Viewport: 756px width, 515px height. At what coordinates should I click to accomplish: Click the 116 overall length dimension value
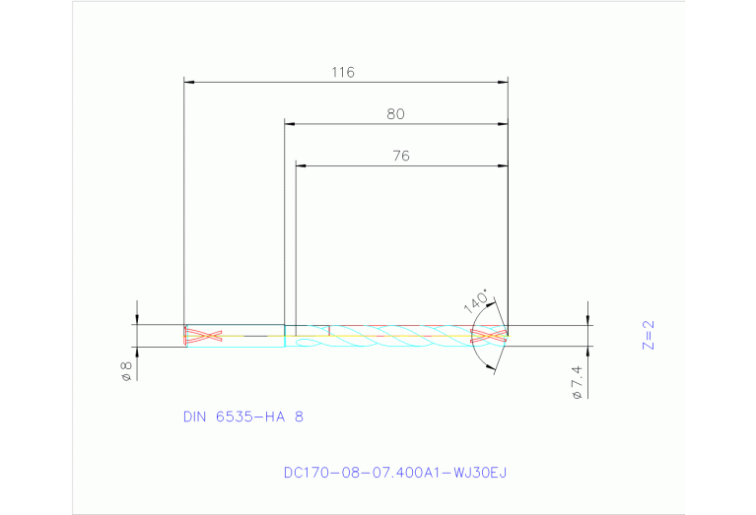(342, 72)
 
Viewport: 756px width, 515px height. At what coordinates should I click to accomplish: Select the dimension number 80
(395, 114)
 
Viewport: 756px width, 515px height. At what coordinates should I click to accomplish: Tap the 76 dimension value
(400, 156)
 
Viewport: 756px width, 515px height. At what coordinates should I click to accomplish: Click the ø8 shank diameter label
(126, 371)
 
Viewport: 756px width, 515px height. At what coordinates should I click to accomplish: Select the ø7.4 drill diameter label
(577, 381)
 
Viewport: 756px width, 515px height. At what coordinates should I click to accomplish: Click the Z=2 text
(648, 336)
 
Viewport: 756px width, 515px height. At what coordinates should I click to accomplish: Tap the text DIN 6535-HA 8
(243, 417)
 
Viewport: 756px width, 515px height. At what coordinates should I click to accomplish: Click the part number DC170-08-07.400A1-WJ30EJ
(394, 473)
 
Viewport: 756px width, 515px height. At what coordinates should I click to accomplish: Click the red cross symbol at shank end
(201, 336)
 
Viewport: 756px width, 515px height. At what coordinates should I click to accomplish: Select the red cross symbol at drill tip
(490, 336)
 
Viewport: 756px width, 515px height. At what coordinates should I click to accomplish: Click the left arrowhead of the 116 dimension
(190, 81)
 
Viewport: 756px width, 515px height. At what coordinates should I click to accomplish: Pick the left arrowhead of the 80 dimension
(290, 124)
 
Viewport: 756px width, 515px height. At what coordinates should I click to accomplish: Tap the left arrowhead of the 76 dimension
(302, 165)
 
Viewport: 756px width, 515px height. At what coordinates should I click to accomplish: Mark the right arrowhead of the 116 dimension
(503, 81)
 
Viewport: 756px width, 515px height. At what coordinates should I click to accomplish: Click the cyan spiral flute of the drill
(394, 341)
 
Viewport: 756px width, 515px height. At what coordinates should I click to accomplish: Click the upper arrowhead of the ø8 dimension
(138, 318)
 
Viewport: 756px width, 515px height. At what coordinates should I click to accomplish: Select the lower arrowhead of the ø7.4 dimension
(588, 353)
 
